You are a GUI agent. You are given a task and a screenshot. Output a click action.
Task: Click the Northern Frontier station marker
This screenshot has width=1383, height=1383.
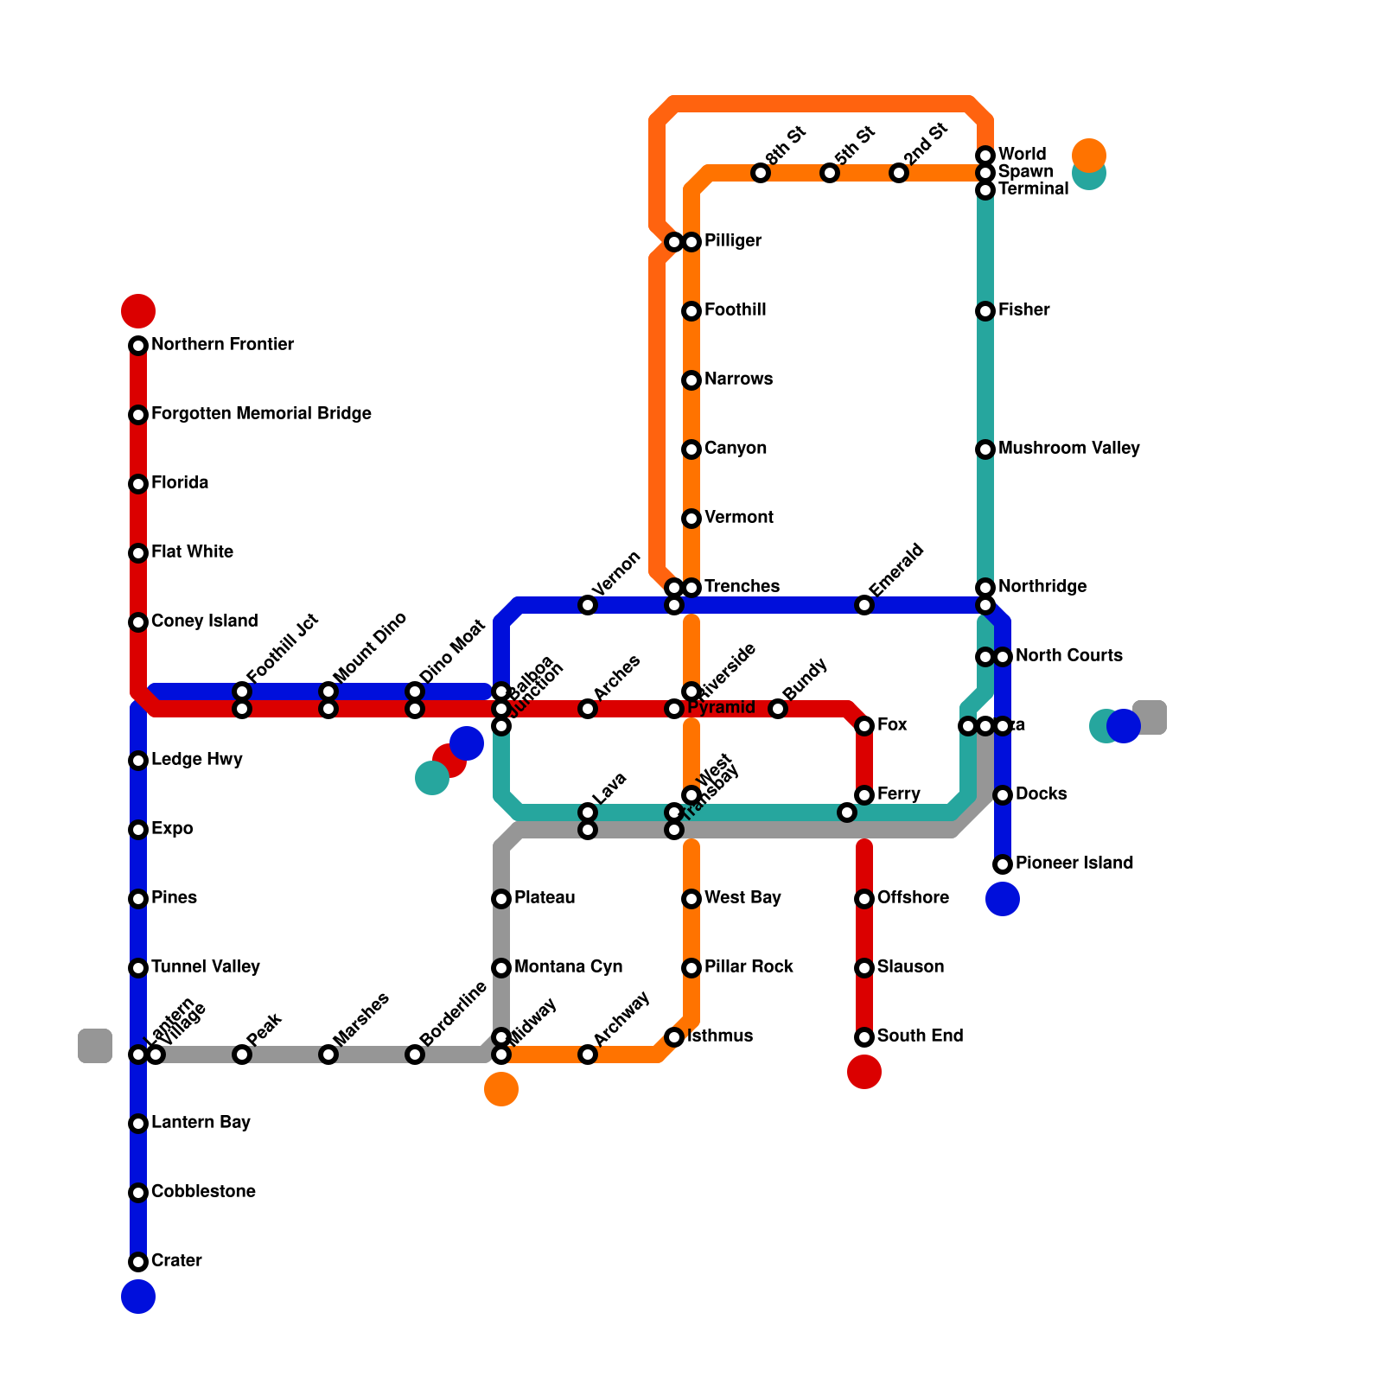(x=138, y=346)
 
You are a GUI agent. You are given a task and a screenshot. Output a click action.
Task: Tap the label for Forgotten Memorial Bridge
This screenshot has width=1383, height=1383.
(x=261, y=414)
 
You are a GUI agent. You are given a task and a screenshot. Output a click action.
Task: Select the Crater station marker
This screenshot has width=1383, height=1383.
(x=138, y=1262)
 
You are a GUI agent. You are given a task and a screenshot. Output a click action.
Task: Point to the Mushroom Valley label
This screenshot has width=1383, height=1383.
(x=1068, y=449)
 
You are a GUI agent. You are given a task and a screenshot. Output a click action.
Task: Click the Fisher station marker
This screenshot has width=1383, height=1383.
(x=985, y=311)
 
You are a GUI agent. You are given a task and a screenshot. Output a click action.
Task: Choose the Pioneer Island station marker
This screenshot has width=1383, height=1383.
(x=1003, y=864)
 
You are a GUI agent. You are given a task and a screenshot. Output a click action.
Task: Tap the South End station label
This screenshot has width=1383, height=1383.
(x=920, y=1036)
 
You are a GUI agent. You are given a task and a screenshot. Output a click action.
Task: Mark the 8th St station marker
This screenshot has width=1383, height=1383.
(x=761, y=173)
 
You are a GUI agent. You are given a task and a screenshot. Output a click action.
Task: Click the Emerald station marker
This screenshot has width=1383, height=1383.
(x=864, y=605)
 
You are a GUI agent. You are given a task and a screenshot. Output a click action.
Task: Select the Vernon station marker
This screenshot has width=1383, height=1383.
(x=588, y=605)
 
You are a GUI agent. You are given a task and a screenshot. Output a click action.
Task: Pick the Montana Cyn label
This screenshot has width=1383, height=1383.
(x=568, y=967)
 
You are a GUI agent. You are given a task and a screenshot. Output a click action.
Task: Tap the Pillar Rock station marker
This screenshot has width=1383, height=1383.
(x=691, y=968)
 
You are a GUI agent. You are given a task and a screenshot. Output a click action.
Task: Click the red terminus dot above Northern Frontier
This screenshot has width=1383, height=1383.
(x=138, y=310)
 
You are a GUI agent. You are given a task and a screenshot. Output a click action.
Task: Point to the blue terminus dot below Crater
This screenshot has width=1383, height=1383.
(x=138, y=1297)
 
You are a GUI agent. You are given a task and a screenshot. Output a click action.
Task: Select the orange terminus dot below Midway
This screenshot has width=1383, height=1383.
(x=501, y=1089)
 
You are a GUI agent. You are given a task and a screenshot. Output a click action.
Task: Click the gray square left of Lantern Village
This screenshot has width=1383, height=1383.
(x=95, y=1046)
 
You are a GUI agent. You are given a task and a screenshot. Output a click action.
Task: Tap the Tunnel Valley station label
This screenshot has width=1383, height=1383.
(x=205, y=967)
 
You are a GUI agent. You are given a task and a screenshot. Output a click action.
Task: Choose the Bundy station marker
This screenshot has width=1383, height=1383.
(x=778, y=709)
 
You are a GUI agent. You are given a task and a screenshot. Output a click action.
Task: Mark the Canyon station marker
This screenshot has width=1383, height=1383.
(x=691, y=449)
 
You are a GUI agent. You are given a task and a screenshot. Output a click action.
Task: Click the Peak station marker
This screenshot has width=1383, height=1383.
(x=242, y=1055)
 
